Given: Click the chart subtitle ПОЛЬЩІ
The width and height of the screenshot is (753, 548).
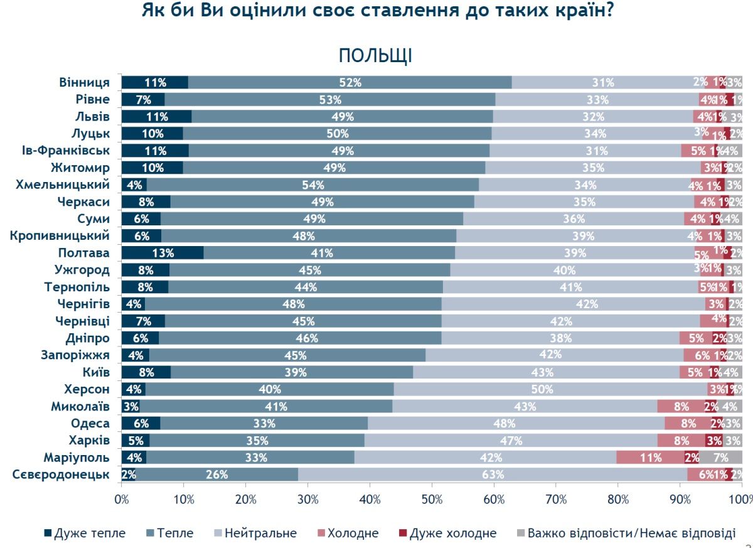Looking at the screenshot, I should coord(375,55).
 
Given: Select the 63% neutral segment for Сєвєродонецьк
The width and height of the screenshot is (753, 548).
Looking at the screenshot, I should coord(493,475).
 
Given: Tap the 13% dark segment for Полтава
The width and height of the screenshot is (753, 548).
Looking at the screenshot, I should coord(163,253).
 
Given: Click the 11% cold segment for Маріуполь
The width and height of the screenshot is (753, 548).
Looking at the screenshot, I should coord(650,458).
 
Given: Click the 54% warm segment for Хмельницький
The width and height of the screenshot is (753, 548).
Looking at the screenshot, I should coord(312,185).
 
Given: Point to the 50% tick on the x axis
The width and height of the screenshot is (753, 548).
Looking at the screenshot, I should coord(432,499).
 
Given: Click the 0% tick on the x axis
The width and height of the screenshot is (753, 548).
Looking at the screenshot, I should coord(121,499).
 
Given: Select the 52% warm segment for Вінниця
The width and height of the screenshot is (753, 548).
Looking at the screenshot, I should coord(350,82).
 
